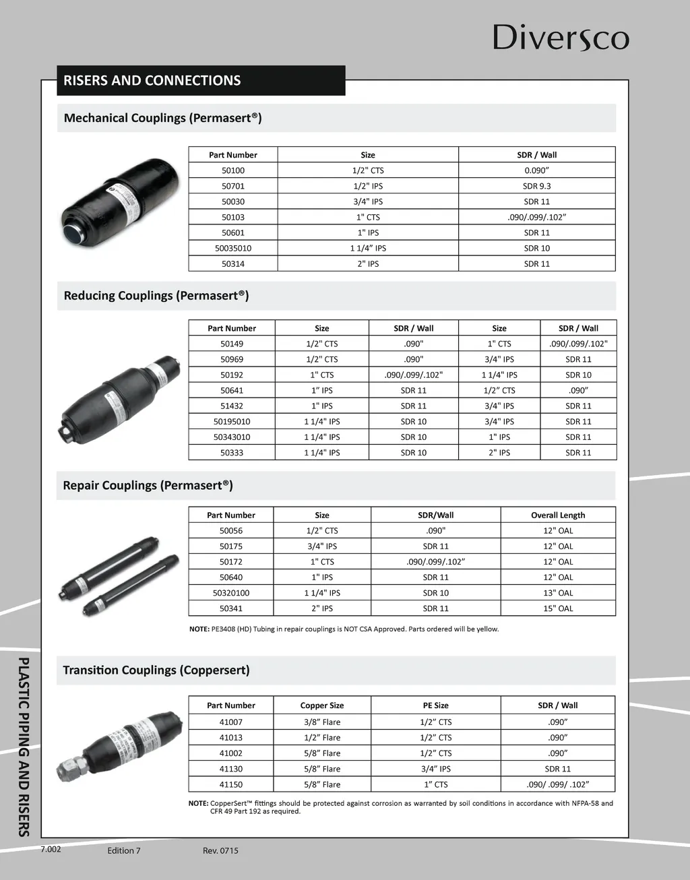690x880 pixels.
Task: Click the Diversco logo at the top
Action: click(561, 38)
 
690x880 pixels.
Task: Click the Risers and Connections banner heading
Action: click(152, 80)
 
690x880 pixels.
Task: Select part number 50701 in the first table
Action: click(233, 186)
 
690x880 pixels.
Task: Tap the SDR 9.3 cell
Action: click(536, 186)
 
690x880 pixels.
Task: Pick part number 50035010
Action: click(233, 248)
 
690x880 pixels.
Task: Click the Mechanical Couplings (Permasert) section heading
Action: click(162, 118)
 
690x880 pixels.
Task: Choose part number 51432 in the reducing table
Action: click(232, 406)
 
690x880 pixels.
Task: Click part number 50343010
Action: click(232, 437)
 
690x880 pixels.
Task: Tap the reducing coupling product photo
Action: click(121, 398)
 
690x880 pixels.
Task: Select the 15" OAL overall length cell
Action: click(558, 608)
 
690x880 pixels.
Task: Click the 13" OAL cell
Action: click(558, 593)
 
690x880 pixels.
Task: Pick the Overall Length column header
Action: click(558, 515)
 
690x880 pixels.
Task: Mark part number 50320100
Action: click(231, 593)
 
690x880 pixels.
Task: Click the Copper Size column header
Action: click(322, 705)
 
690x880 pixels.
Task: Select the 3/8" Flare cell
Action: click(322, 722)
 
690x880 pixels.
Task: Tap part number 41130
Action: click(231, 769)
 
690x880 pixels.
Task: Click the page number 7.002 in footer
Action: click(51, 849)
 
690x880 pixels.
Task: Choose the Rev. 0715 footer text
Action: click(220, 850)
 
